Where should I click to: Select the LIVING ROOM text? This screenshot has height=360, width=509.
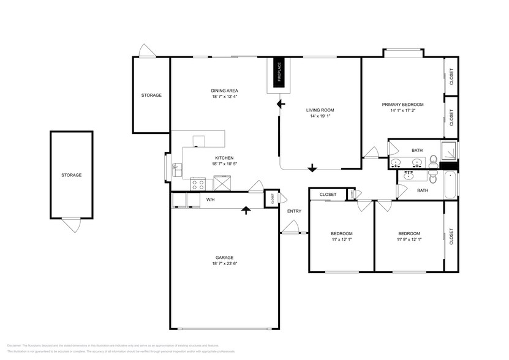(x=320, y=110)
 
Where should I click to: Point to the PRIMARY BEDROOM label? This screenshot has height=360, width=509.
(x=402, y=105)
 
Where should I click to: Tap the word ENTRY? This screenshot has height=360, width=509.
(x=294, y=212)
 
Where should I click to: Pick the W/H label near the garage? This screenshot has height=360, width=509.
(x=210, y=200)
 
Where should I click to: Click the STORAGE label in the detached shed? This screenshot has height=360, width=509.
(x=71, y=175)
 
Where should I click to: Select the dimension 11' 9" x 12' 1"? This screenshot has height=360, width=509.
(x=409, y=239)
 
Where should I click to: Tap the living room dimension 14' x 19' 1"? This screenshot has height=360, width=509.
(x=320, y=116)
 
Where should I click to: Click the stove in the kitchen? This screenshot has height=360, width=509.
(x=198, y=183)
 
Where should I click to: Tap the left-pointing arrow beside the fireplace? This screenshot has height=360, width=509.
(x=281, y=105)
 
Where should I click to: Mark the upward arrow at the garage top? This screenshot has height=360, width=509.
(x=246, y=210)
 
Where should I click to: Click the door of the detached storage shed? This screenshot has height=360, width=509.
(x=71, y=224)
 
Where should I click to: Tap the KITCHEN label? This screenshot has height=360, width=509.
(x=207, y=158)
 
